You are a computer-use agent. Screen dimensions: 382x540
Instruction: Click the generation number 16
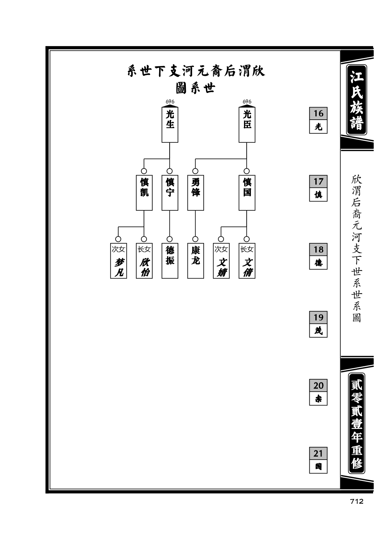click(318, 113)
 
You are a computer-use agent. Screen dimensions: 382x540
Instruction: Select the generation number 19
click(318, 317)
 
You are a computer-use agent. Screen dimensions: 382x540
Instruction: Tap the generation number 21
click(318, 453)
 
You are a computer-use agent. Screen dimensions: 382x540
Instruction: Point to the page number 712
click(357, 501)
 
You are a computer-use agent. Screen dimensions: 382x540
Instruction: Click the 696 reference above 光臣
click(247, 102)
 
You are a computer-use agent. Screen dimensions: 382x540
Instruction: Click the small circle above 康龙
click(195, 239)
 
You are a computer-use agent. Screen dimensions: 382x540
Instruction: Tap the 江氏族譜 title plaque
click(357, 100)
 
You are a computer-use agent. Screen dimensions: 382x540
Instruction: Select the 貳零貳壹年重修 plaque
click(357, 423)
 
